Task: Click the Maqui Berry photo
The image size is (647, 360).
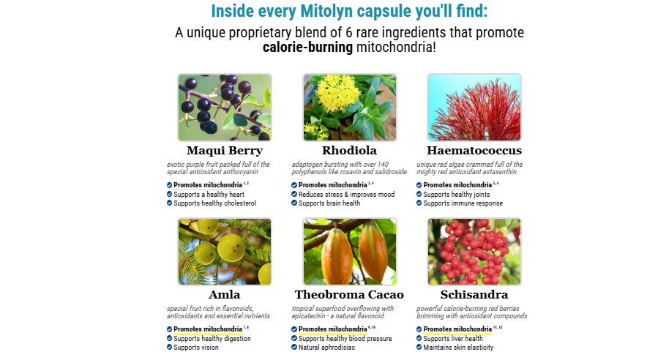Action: [x=225, y=108]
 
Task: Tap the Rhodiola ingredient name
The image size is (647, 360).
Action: [x=350, y=151]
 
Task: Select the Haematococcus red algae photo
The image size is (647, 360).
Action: [x=474, y=108]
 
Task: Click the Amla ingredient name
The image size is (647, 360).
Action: [x=225, y=294]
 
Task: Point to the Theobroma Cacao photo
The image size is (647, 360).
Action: [x=350, y=252]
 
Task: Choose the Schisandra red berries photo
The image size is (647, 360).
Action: [x=474, y=252]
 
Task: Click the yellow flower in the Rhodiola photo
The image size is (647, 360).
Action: [x=338, y=93]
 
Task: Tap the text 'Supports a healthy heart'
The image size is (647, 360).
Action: [x=209, y=194]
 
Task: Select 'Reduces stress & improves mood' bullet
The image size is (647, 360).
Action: [x=347, y=194]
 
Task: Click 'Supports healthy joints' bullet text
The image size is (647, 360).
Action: [x=457, y=194]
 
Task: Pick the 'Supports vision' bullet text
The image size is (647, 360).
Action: [x=196, y=348]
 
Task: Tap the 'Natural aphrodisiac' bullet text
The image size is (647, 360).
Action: [x=327, y=348]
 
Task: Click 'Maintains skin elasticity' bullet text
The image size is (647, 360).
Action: [x=458, y=348]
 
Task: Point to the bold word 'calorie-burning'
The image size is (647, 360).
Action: [x=308, y=47]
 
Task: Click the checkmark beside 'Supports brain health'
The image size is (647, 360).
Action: [x=294, y=203]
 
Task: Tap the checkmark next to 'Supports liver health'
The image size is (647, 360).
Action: [x=419, y=338]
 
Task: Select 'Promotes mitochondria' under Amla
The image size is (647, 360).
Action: [x=208, y=329]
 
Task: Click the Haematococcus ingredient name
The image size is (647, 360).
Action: [x=474, y=151]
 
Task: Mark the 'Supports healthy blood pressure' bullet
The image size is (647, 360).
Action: [x=345, y=338]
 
